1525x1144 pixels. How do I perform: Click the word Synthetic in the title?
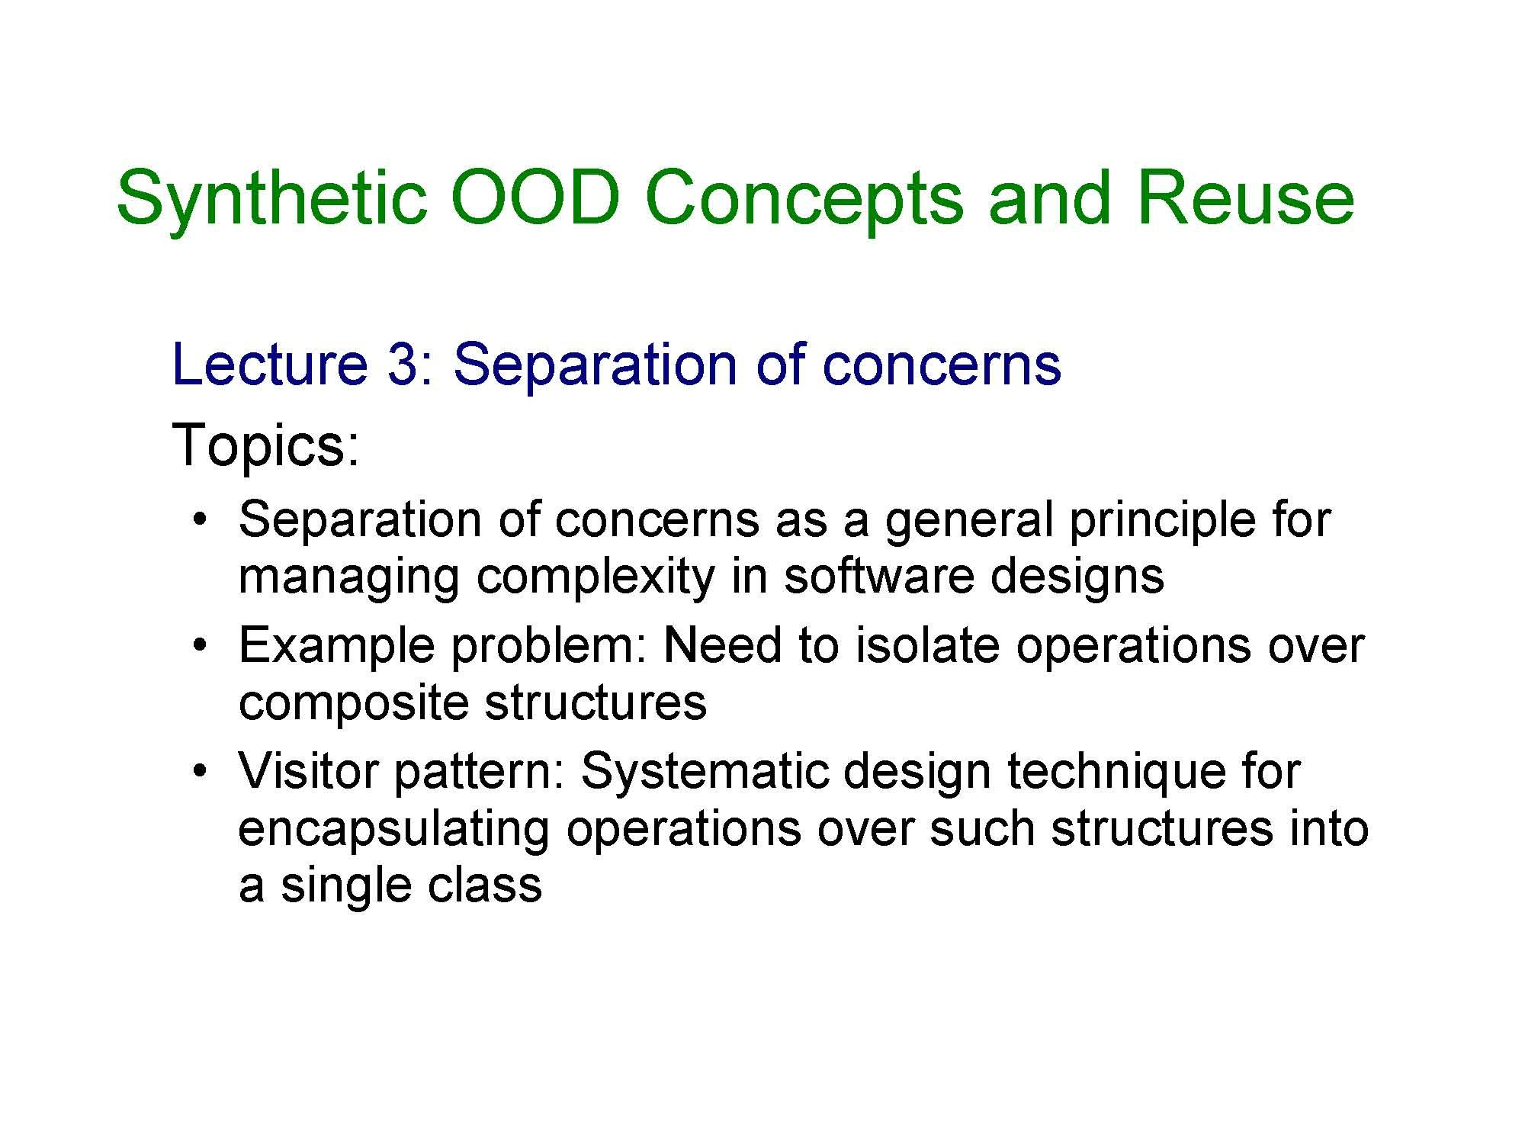(271, 200)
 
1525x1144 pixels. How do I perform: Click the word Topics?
(266, 445)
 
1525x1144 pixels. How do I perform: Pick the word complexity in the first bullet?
(596, 577)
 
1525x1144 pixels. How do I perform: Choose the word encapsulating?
(393, 829)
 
